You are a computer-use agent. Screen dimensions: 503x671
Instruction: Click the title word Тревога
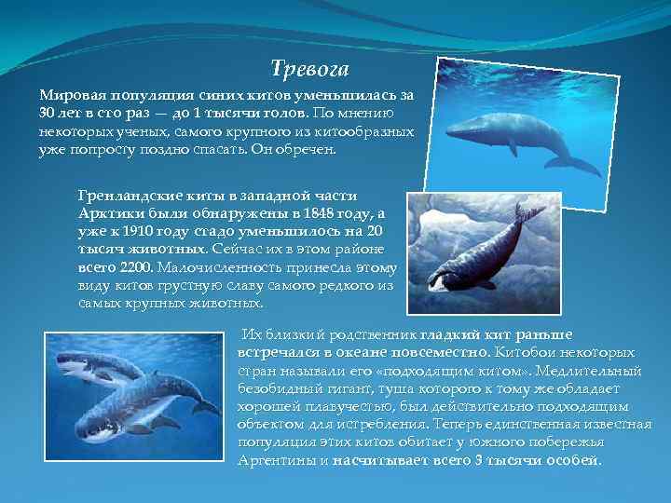tap(308, 69)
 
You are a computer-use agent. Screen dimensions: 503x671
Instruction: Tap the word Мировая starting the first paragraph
tap(66, 96)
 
